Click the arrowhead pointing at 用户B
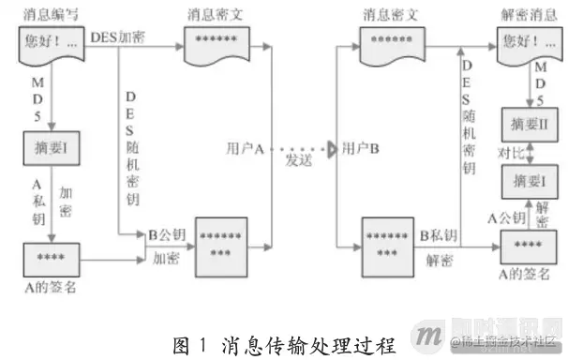pyautogui.click(x=332, y=148)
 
